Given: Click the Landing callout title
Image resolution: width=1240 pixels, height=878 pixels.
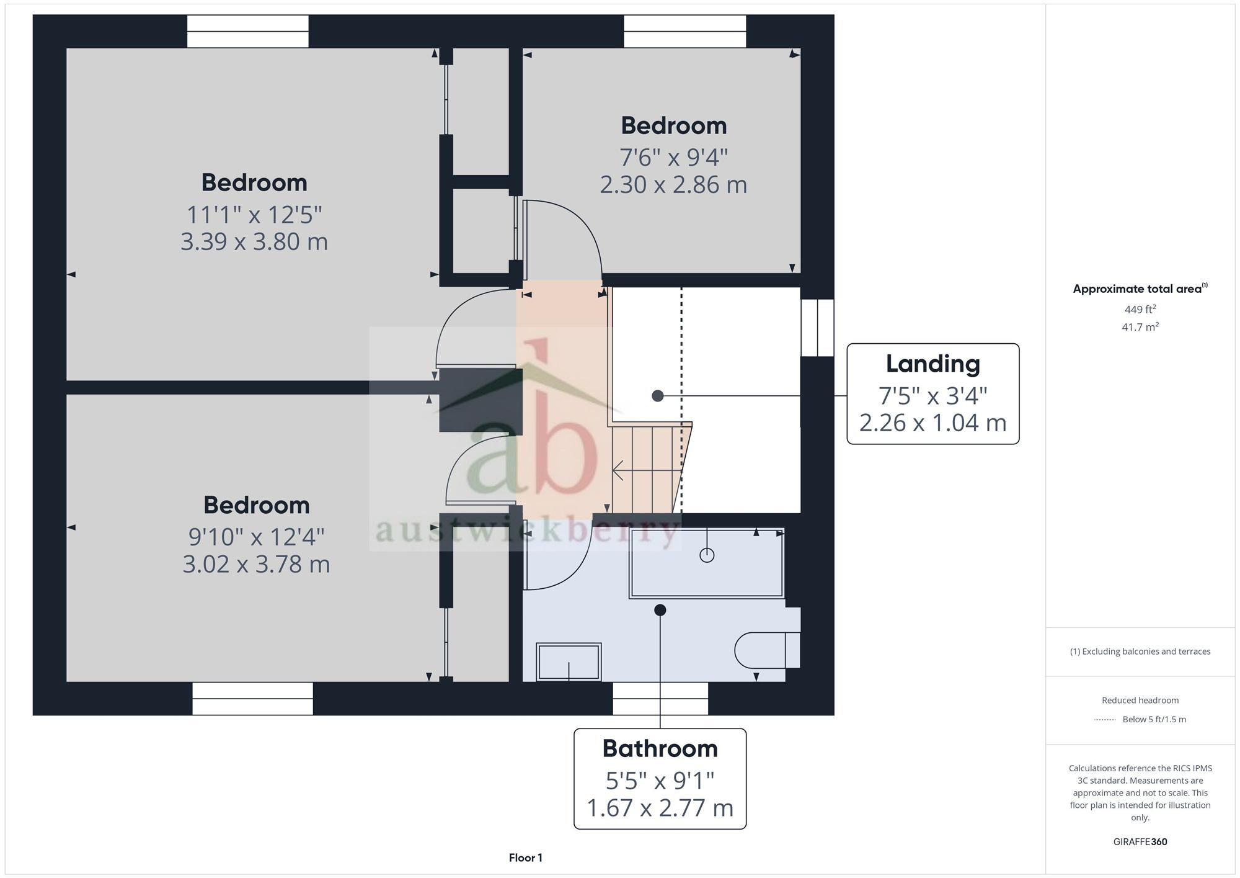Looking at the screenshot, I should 932,364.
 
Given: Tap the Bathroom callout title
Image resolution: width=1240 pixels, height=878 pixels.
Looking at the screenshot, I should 660,749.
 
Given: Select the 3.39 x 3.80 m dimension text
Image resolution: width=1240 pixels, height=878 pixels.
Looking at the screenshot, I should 254,241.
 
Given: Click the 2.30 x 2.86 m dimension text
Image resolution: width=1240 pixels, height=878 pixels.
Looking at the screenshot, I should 673,185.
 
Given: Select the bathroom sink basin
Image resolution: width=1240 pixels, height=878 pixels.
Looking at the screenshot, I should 569,662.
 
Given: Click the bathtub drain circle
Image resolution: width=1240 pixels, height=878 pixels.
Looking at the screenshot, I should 707,555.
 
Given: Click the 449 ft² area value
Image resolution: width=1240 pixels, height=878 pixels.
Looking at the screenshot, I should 1140,309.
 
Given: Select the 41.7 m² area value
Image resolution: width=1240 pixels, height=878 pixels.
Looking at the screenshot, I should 1140,327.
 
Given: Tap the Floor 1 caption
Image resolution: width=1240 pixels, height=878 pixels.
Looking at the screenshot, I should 525,858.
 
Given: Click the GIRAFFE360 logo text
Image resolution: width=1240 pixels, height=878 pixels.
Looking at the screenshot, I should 1140,842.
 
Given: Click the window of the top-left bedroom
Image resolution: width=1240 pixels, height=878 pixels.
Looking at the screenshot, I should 247,32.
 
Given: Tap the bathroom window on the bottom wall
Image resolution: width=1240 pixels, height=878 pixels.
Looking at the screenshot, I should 660,699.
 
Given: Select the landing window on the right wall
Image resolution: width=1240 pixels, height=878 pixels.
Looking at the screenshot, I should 817,328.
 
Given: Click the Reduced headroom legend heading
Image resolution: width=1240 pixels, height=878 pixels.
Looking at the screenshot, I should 1140,701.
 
